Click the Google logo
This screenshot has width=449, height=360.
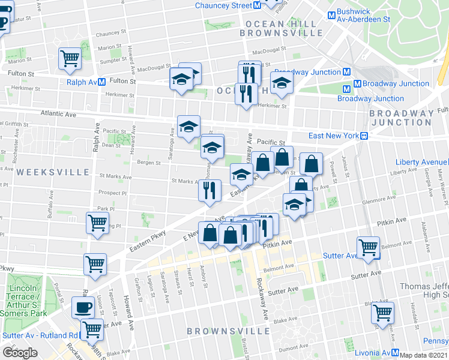pyautogui.click(x=19, y=353)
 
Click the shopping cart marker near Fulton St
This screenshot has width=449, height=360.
pyautogui.click(x=70, y=58)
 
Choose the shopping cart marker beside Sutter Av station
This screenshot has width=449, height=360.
pyautogui.click(x=368, y=247)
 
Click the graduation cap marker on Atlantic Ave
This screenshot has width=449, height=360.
pyautogui.click(x=188, y=126)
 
